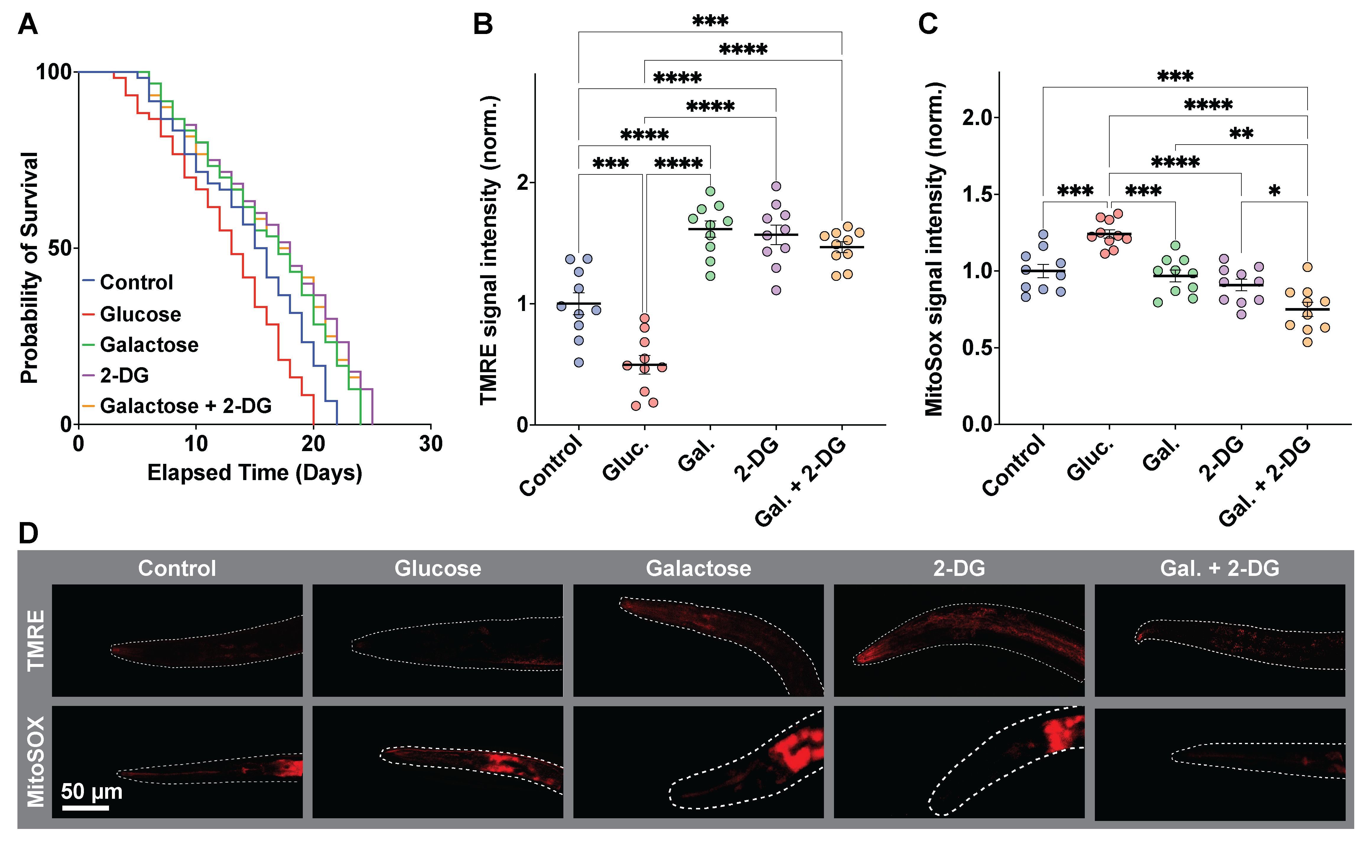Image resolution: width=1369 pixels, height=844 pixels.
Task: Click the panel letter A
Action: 28,25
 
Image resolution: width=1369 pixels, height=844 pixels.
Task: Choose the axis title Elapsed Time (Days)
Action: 254,473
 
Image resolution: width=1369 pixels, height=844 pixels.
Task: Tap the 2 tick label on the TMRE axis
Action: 523,182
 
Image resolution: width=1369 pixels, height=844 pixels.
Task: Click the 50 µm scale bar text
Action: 92,792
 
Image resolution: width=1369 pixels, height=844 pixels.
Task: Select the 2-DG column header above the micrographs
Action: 959,568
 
